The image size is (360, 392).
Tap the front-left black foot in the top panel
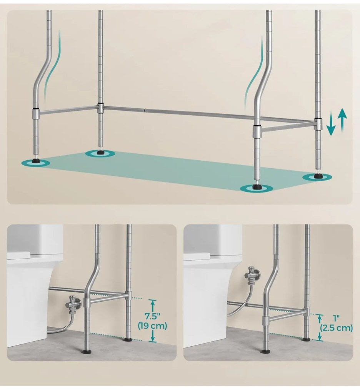click(35, 162)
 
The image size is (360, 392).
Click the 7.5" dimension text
click(152, 317)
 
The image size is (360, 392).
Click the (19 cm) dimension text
click(152, 326)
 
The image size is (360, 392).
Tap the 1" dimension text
click(337, 318)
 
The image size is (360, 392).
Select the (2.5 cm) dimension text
click(337, 328)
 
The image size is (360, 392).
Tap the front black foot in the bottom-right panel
click(265, 351)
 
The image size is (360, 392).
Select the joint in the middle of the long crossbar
click(144, 110)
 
